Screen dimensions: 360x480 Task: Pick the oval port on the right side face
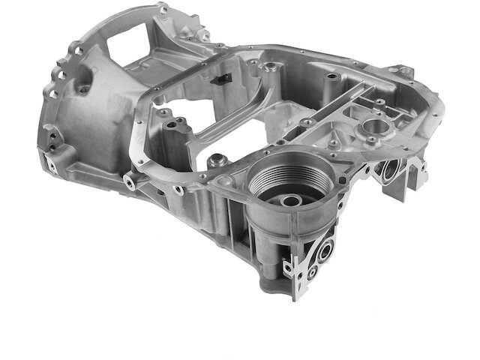(389, 172)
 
